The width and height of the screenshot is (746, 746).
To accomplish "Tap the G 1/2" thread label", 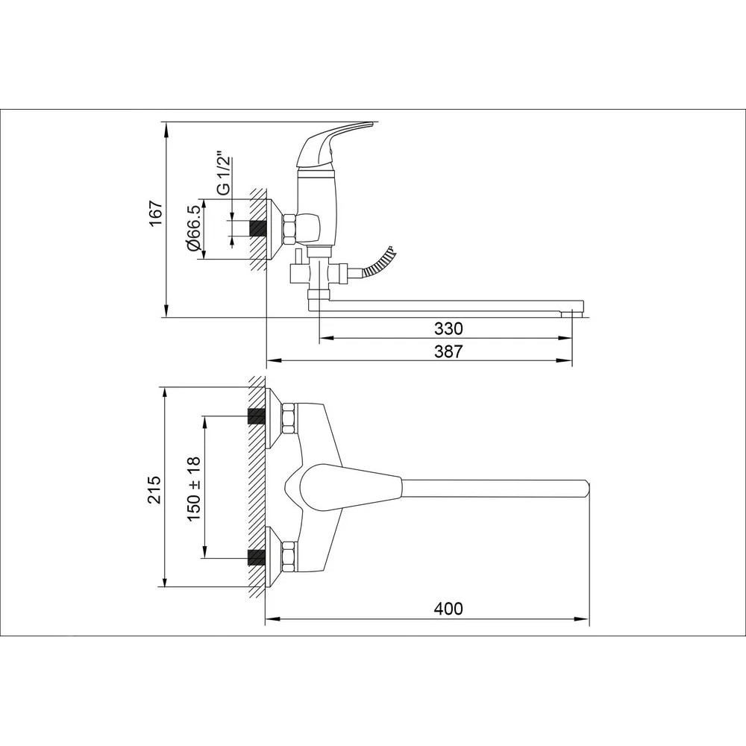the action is tap(222, 174).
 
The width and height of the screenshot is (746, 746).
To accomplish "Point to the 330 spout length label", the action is tap(448, 329).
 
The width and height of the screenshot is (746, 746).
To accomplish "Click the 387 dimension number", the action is tap(448, 351).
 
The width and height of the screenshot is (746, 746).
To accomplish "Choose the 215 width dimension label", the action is tap(156, 489).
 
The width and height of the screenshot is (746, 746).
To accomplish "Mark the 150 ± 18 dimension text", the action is tap(195, 489).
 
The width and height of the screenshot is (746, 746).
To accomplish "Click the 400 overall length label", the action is tap(448, 609).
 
